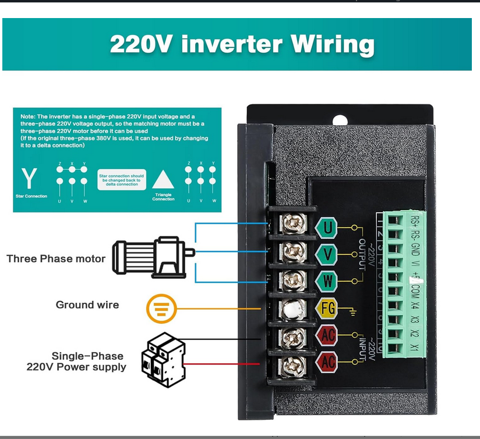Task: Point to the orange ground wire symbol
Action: [160, 308]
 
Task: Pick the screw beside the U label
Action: [292, 225]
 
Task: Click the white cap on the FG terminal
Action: [292, 309]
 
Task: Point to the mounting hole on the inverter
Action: [339, 121]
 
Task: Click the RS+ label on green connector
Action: [414, 222]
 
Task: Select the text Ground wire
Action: [87, 305]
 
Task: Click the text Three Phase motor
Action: [56, 259]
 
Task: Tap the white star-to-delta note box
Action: [122, 179]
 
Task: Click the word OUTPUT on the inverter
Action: [362, 254]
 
